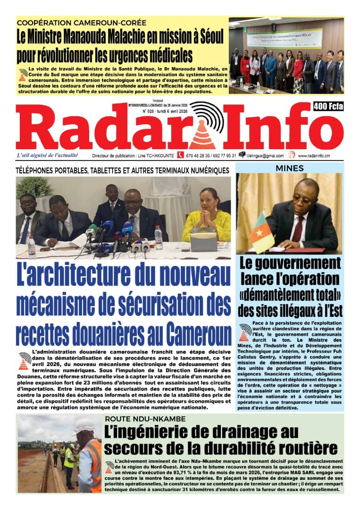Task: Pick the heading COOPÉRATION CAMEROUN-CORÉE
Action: tap(81, 23)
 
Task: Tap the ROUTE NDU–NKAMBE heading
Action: tap(145, 419)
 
